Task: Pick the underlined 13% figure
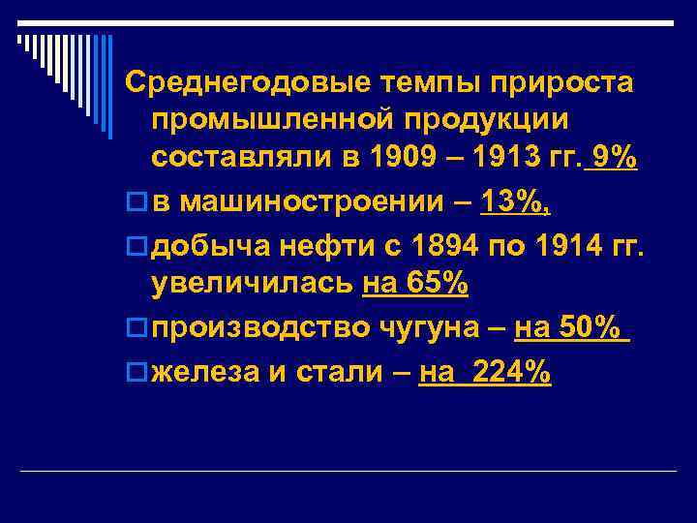tap(523, 201)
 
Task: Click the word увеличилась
tap(254, 286)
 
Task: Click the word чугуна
tap(433, 330)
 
